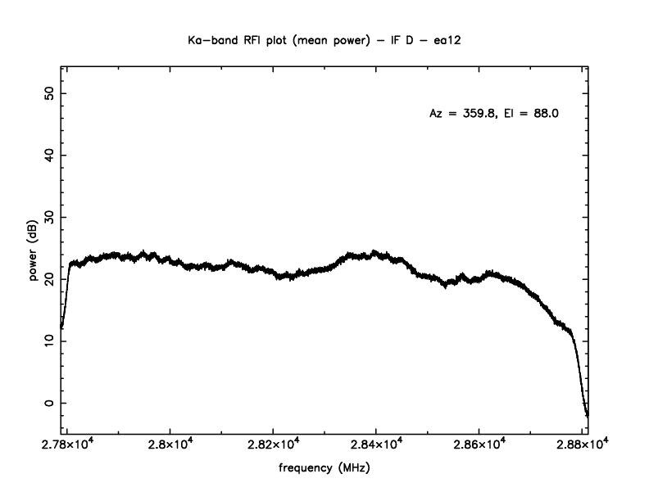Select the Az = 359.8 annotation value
[x=464, y=114]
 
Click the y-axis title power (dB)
[x=34, y=255]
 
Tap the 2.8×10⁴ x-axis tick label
[x=170, y=445]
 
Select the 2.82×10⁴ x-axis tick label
[x=274, y=445]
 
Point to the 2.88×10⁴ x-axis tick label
[x=582, y=445]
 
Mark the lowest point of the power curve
[x=587, y=416]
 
